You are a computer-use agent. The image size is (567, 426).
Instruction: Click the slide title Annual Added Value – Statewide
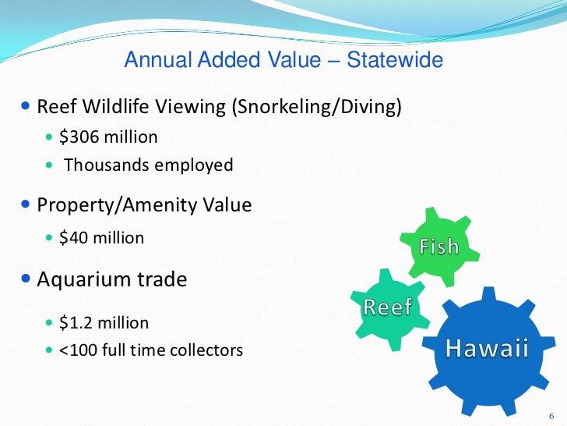tap(283, 60)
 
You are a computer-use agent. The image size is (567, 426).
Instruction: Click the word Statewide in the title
tap(395, 60)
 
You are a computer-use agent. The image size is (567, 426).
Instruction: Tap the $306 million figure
tap(108, 137)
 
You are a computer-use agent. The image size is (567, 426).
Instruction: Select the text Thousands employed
tap(148, 165)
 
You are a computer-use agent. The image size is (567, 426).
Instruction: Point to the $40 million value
tap(102, 237)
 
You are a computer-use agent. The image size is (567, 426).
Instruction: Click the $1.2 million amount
tap(104, 322)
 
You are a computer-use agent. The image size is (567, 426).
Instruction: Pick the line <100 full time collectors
tap(151, 350)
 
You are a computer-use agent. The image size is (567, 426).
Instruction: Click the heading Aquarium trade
tap(112, 279)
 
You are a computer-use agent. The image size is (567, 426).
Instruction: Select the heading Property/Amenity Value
tap(144, 205)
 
